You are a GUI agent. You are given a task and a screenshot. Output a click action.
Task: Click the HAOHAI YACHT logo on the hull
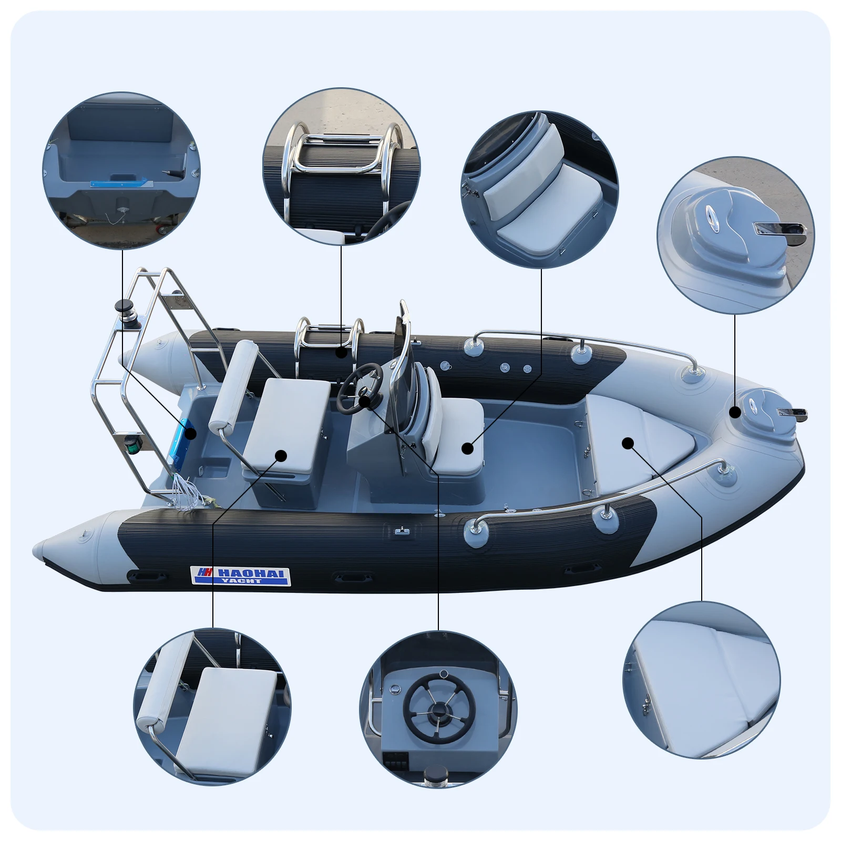pyautogui.click(x=240, y=576)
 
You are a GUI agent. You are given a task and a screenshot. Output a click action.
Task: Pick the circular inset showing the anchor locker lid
pyautogui.click(x=735, y=235)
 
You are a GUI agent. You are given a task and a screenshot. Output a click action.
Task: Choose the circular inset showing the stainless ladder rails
pyautogui.click(x=341, y=166)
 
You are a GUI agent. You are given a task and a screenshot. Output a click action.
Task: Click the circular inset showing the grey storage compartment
pyautogui.click(x=121, y=171)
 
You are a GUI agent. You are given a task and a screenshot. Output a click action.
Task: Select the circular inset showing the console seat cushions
pyautogui.click(x=540, y=189)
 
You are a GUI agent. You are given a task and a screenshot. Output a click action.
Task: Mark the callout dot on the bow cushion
pyautogui.click(x=628, y=443)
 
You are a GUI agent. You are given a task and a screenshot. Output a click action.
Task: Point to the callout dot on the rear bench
pyautogui.click(x=281, y=456)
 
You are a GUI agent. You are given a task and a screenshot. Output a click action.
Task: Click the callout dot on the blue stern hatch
pyautogui.click(x=191, y=434)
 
